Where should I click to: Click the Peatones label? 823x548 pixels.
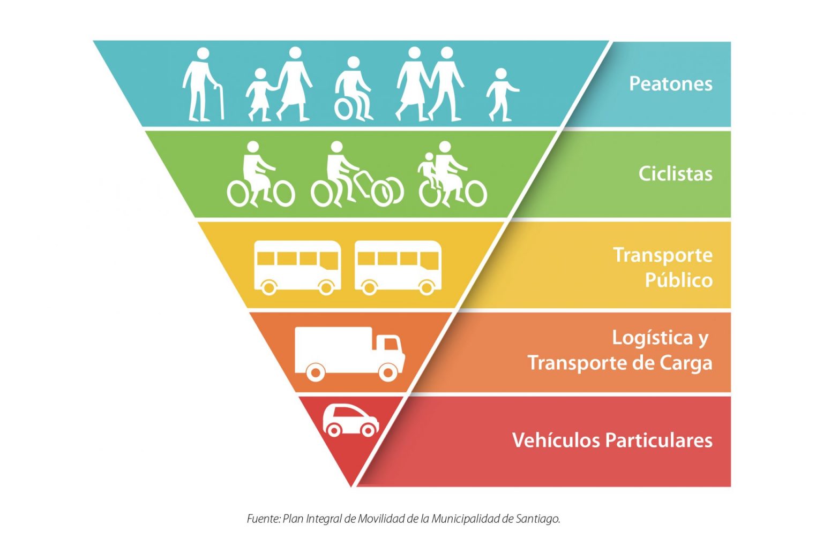(x=670, y=83)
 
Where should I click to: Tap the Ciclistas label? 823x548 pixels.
(x=675, y=173)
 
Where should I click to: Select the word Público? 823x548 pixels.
(x=679, y=280)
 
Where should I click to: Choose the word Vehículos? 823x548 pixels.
(x=556, y=440)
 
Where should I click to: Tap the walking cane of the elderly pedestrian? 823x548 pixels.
(x=220, y=102)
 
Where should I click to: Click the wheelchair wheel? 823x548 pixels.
(x=344, y=109)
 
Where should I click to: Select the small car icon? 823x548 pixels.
(x=351, y=421)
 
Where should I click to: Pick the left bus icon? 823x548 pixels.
(x=297, y=268)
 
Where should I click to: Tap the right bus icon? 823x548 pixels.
(x=398, y=268)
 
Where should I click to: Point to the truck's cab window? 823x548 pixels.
(x=391, y=344)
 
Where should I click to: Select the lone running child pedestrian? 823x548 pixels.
(x=502, y=95)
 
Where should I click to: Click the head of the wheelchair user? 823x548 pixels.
(x=354, y=63)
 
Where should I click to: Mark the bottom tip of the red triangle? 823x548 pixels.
(x=351, y=486)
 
